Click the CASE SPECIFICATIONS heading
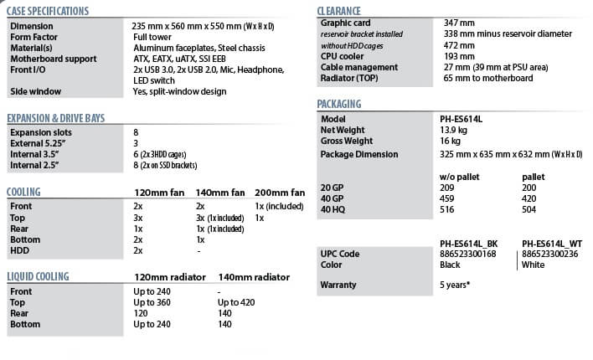pyautogui.click(x=47, y=12)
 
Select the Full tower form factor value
pyautogui.click(x=152, y=38)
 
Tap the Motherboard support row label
pyautogui.click(x=53, y=59)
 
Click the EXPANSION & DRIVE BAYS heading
pyautogui.click(x=55, y=118)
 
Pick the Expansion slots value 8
pyautogui.click(x=137, y=132)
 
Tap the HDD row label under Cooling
pyautogui.click(x=20, y=250)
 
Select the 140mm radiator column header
pyautogui.click(x=254, y=277)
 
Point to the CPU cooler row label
pyautogui.click(x=345, y=55)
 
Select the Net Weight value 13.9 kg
pyautogui.click(x=453, y=131)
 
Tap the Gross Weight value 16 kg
pyautogui.click(x=450, y=142)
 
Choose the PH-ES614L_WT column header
pyautogui.click(x=553, y=243)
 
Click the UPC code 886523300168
pyautogui.click(x=467, y=254)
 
